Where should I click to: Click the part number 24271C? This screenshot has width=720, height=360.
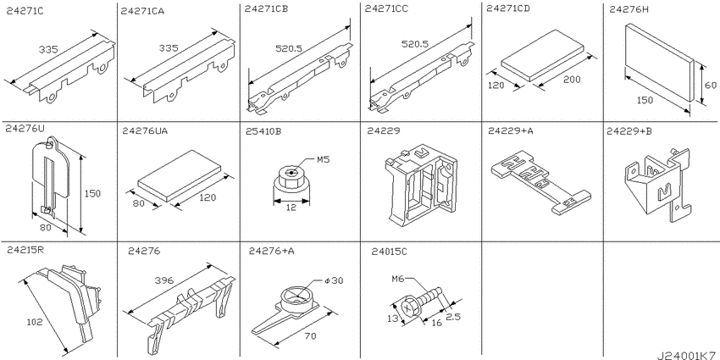click(x=25, y=12)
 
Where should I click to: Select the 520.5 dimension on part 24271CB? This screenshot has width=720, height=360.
click(x=288, y=47)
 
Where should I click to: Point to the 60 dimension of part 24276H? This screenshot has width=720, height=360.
click(x=710, y=86)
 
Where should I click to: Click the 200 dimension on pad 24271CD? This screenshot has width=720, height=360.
click(x=572, y=80)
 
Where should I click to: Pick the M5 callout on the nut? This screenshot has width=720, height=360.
click(x=324, y=160)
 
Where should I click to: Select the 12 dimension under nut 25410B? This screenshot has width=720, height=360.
click(x=291, y=207)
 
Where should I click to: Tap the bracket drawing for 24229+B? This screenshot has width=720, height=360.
click(x=656, y=182)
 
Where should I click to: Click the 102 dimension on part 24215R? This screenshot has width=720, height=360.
click(x=35, y=322)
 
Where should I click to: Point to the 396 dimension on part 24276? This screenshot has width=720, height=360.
click(x=164, y=280)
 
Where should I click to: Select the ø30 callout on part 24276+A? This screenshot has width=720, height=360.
click(x=335, y=280)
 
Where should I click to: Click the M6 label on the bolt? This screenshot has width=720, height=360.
click(x=397, y=279)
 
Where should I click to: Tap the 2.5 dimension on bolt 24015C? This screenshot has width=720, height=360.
click(x=452, y=316)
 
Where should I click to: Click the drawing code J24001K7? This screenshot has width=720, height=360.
click(x=688, y=355)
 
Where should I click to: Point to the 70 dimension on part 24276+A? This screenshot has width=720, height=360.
click(x=310, y=336)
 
